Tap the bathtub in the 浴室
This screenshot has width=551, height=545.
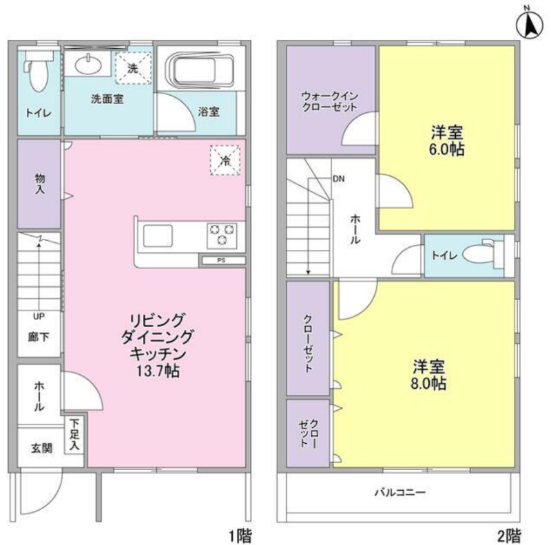tap(200, 71)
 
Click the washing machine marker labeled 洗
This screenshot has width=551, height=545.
tap(133, 68)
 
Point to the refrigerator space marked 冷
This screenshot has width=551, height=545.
tap(225, 160)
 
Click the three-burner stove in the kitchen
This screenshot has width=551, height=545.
tap(222, 235)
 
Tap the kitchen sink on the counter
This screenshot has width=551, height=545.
tap(158, 235)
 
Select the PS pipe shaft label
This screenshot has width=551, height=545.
tap(221, 261)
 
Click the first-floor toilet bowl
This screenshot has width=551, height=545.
tap(37, 74)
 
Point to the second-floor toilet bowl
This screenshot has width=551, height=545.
tap(480, 253)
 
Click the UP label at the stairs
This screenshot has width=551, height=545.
tap(39, 317)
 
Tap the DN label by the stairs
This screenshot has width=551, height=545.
tap(339, 179)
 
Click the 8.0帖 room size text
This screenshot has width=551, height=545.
tap(428, 383)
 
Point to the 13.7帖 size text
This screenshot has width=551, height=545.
tap(158, 371)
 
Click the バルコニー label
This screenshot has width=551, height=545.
tap(400, 492)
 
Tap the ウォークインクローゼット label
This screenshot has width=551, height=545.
tap(330, 101)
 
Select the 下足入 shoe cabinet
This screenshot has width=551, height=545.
tap(74, 435)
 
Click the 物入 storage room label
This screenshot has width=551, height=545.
tap(40, 184)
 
